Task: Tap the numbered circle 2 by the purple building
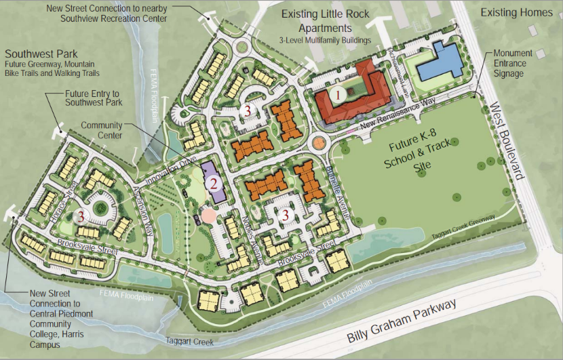213,182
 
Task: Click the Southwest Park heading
41,53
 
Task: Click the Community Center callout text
101,130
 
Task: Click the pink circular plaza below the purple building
209,216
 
